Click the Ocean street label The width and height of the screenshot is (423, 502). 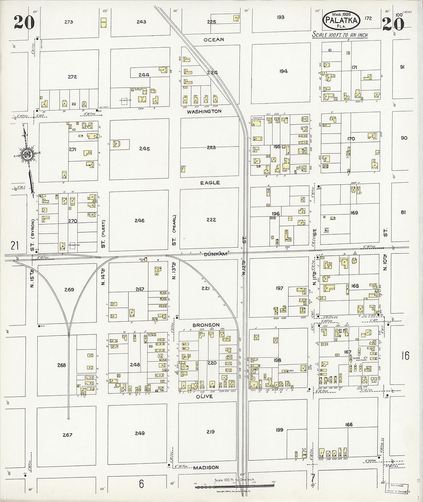pyautogui.click(x=214, y=40)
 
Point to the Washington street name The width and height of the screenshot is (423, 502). pyautogui.click(x=204, y=112)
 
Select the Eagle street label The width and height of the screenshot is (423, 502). pyautogui.click(x=210, y=183)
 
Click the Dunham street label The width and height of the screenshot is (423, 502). pyautogui.click(x=210, y=254)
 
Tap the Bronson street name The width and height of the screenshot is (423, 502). pyautogui.click(x=206, y=325)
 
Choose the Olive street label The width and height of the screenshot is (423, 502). pyautogui.click(x=205, y=396)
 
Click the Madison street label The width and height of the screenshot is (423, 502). pyautogui.click(x=206, y=468)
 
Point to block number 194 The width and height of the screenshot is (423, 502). pyautogui.click(x=283, y=71)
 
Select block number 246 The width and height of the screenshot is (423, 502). pyautogui.click(x=140, y=220)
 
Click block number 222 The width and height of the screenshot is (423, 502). pyautogui.click(x=211, y=220)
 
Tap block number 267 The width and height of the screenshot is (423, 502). pyautogui.click(x=67, y=435)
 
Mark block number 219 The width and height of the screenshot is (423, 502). pyautogui.click(x=210, y=432)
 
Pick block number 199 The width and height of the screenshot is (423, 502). pyautogui.click(x=280, y=430)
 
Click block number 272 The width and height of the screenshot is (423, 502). pyautogui.click(x=72, y=77)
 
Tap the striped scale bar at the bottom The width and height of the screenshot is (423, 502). pyautogui.click(x=235, y=487)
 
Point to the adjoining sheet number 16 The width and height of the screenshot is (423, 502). pyautogui.click(x=405, y=355)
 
